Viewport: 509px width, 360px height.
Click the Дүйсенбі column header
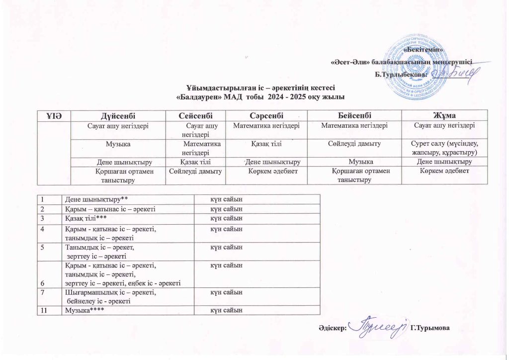tap(118, 115)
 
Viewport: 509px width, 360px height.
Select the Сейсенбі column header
tap(196, 115)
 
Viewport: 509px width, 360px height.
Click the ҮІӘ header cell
tap(54, 115)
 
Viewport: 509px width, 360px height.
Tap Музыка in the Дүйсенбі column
tap(118, 144)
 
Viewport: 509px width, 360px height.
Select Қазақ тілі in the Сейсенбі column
tap(196, 162)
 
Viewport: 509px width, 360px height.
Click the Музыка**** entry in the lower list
tap(81, 311)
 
